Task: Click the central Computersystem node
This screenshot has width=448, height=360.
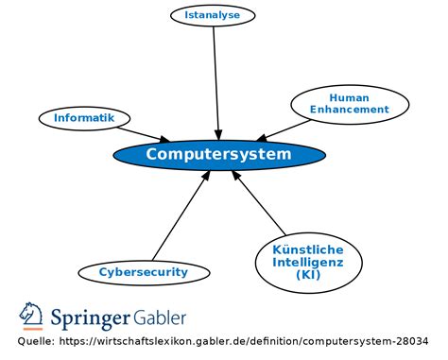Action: (x=218, y=154)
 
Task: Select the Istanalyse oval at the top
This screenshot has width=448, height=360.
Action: (x=218, y=15)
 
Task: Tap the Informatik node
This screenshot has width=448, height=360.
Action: (x=83, y=118)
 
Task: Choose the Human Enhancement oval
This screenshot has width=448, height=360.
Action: (x=349, y=104)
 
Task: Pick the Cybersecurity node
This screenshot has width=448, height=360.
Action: (x=144, y=272)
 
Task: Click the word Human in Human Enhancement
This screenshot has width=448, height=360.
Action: (x=349, y=97)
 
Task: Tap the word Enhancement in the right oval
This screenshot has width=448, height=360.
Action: (x=349, y=110)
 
